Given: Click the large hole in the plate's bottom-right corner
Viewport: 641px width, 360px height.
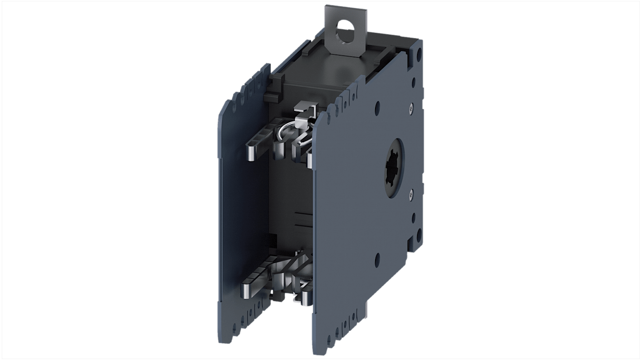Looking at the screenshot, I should coord(419,234).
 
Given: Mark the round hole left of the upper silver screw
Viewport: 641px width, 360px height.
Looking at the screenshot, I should coord(377,107).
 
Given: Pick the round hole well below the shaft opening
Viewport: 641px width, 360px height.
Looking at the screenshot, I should coord(377,258).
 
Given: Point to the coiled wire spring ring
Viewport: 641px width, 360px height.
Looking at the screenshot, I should coord(287,134).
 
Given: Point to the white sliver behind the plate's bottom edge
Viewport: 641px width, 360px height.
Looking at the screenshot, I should coord(367,309).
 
